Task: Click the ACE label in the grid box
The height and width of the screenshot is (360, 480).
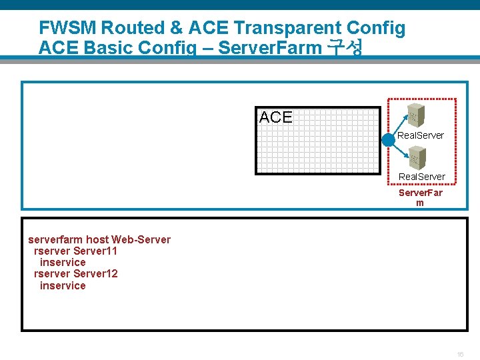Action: (275, 118)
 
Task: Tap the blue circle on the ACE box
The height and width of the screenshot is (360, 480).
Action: (389, 141)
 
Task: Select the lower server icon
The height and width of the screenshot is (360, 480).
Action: (417, 157)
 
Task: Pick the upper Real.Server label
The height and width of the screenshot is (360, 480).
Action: (421, 135)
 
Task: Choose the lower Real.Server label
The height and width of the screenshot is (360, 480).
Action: (422, 177)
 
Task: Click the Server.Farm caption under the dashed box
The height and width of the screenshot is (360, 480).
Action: (420, 198)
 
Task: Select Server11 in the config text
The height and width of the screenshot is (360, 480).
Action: (95, 251)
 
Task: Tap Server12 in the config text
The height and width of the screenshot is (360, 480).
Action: (95, 274)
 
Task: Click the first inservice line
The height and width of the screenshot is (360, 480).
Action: (63, 263)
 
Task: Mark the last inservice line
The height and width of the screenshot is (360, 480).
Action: (63, 286)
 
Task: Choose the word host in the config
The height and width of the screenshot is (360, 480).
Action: (97, 240)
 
